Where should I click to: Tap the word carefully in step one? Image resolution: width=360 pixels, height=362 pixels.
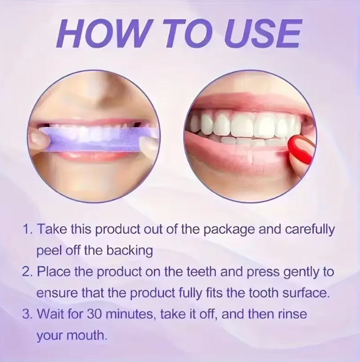pyautogui.click(x=309, y=230)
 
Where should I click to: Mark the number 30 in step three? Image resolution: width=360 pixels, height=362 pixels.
pyautogui.click(x=94, y=315)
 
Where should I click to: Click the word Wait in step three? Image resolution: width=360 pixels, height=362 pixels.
pyautogui.click(x=49, y=314)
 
